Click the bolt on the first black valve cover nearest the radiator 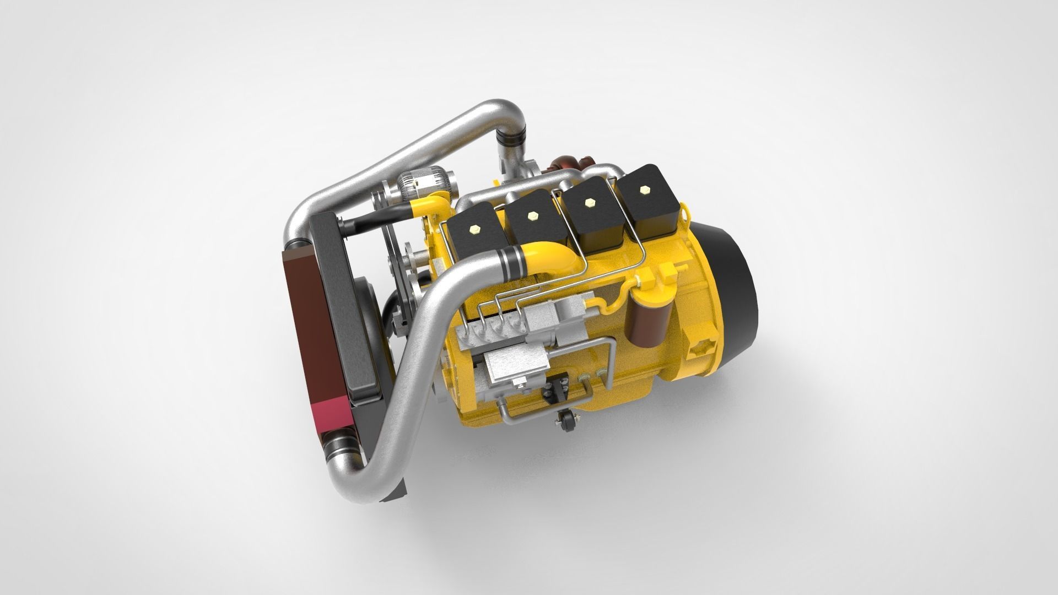point(474,227)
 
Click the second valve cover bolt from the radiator point(532,217)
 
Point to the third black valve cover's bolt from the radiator point(591,201)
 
